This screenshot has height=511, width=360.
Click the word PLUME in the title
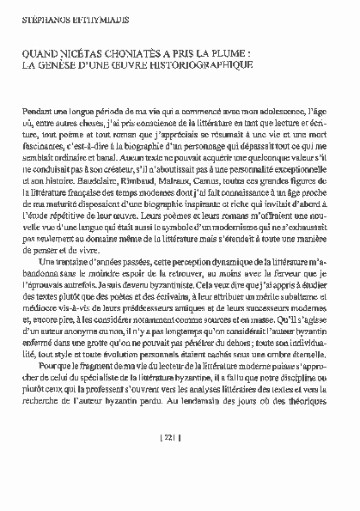(231, 52)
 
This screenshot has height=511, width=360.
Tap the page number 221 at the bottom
(180, 461)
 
